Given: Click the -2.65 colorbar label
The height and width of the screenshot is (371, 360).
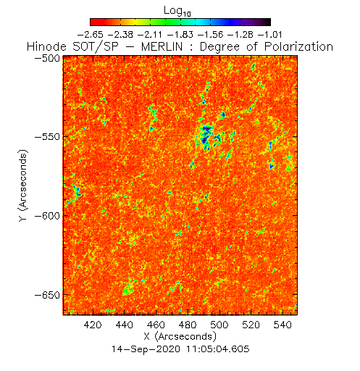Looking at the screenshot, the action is (91, 35).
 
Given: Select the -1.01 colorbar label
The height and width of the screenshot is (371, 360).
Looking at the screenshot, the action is (270, 35).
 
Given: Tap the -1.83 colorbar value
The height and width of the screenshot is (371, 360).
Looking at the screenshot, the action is (180, 35).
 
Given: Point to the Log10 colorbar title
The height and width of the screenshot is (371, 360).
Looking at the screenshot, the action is (177, 11).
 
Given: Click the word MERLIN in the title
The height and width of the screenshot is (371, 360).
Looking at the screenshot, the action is (162, 46).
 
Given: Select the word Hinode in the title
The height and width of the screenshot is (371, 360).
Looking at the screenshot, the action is (46, 46).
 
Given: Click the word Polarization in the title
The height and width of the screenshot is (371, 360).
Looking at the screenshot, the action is (298, 46).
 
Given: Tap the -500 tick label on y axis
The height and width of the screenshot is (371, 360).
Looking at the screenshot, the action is (48, 58).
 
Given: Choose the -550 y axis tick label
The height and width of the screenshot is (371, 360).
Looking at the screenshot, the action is (48, 137).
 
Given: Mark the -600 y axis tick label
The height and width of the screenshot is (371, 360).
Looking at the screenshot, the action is (48, 215).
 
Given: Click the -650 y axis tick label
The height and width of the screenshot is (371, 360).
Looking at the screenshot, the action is (48, 295).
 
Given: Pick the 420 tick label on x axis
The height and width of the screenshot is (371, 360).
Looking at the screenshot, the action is (93, 325).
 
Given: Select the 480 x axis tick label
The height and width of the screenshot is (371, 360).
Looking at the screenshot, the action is (188, 325).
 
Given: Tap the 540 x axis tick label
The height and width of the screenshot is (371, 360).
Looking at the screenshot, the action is (282, 325).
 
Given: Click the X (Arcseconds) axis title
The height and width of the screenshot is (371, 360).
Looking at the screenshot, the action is (180, 336).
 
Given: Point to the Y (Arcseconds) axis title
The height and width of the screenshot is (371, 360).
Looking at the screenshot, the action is (23, 185).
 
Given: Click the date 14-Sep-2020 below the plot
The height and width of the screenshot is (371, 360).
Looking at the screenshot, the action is (146, 349).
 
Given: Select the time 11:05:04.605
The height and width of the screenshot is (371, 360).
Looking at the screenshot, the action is (218, 349).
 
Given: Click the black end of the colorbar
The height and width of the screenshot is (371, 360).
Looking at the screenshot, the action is (267, 22).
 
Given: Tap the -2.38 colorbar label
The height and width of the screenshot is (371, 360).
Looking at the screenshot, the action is (120, 35).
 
